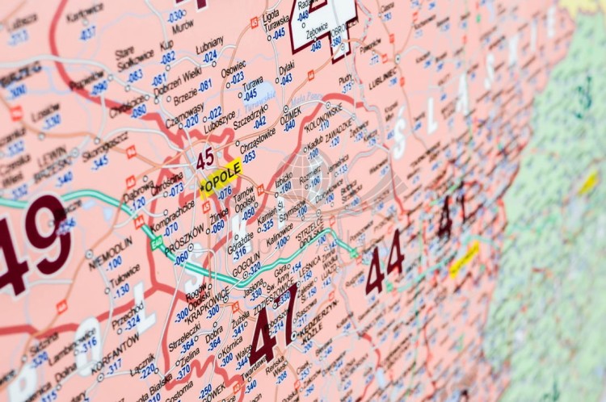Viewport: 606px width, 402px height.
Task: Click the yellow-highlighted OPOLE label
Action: [221, 179]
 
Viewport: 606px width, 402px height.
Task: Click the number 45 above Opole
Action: [205, 157]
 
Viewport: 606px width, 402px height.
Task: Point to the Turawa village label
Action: [253, 82]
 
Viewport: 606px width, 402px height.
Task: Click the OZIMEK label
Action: [290, 115]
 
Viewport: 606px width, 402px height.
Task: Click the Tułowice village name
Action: [124, 276]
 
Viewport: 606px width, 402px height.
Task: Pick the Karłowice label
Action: [85, 14]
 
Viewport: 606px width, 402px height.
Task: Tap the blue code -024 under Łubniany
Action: [210, 57]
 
